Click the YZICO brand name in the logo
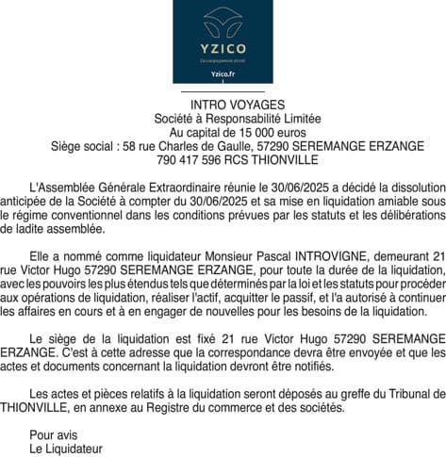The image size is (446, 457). point(223,48)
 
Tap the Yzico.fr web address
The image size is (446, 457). point(223,74)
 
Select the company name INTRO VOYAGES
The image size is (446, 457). point(223,106)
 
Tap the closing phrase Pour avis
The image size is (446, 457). point(54,434)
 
